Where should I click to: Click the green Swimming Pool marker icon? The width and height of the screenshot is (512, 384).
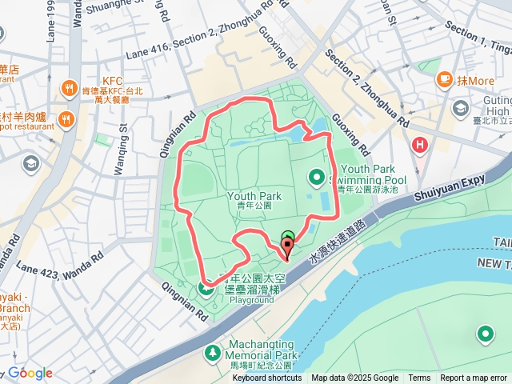tap(317, 177)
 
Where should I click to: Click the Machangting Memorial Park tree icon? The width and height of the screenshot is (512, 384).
tap(212, 351)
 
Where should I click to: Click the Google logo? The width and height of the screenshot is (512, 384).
tap(30, 373)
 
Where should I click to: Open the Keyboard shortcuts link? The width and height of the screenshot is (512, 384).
tap(266, 378)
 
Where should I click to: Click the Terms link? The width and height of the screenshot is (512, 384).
tap(419, 378)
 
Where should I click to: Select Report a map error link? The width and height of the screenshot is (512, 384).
tap(474, 378)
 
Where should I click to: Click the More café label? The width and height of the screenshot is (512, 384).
tap(476, 80)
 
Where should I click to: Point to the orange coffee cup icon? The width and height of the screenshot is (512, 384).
tap(445, 80)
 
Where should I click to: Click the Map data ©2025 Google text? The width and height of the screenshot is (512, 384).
tap(354, 378)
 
